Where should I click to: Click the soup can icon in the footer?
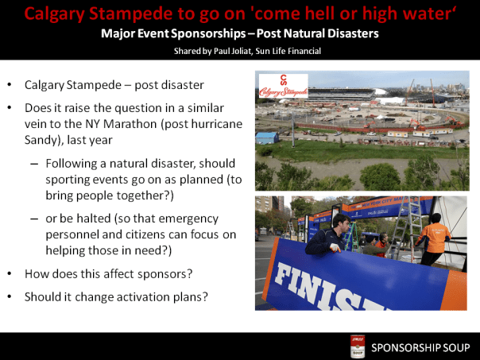pos(358,346)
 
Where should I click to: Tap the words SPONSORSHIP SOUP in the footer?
pos(420,347)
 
